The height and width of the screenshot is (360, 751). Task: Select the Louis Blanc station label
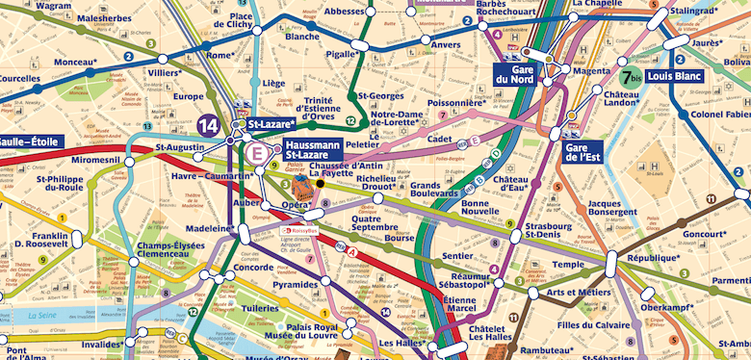(x=674, y=74)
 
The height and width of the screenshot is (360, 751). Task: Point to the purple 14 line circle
(x=207, y=124)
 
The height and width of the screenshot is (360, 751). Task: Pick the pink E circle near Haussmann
(x=258, y=151)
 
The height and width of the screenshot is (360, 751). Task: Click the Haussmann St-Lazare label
(x=313, y=149)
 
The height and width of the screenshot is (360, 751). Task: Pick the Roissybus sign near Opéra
(x=298, y=231)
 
